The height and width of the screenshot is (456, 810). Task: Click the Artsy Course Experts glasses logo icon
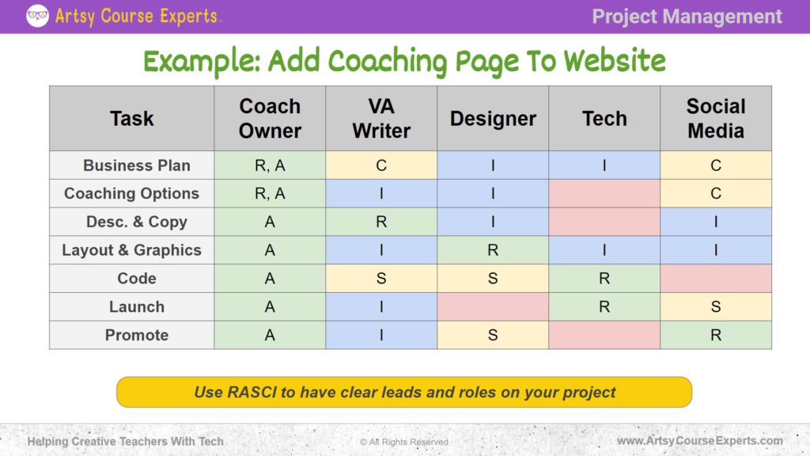(x=37, y=16)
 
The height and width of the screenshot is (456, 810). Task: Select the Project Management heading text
(x=687, y=17)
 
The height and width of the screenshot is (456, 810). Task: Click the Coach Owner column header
(x=270, y=118)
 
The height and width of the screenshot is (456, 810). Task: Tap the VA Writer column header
(x=381, y=118)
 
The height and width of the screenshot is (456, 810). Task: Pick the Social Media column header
(x=716, y=118)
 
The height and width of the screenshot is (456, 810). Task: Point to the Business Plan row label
(x=136, y=165)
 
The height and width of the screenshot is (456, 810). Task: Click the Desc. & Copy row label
(x=136, y=222)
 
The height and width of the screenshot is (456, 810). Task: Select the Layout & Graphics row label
(x=131, y=250)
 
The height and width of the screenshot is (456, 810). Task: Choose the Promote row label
(x=136, y=335)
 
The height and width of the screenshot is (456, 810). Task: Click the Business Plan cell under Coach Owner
(x=270, y=165)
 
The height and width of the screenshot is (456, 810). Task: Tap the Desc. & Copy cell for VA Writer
(x=381, y=222)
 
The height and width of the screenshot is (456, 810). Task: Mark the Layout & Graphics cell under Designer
(x=493, y=250)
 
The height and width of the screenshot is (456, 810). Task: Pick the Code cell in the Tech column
(x=604, y=279)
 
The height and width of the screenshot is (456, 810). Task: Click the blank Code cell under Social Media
(x=716, y=279)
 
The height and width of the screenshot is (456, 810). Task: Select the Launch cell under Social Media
(x=716, y=306)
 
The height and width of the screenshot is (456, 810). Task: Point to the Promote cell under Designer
(x=493, y=335)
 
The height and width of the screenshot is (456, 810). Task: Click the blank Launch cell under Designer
(x=493, y=306)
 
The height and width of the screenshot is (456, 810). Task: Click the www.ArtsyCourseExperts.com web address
(x=699, y=441)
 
